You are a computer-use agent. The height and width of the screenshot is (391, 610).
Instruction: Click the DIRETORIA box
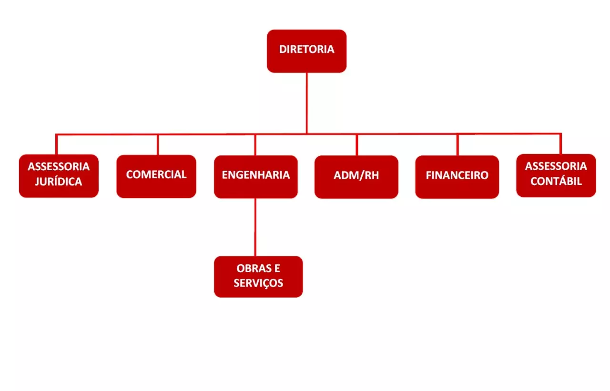pos(306,51)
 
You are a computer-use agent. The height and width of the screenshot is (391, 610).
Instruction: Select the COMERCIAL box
pos(156,176)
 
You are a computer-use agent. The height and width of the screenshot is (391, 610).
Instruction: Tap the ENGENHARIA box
pos(256,177)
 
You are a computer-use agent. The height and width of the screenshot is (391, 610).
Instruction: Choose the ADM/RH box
pos(356,177)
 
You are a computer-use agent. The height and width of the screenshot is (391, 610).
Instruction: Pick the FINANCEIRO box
pos(457,177)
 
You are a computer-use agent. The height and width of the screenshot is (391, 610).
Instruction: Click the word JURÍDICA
pos(59,182)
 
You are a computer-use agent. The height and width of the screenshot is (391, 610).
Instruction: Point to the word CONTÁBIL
pos(556,181)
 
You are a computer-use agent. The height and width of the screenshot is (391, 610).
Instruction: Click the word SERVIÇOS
pos(258,283)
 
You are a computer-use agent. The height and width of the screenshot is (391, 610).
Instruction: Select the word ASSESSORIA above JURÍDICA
pos(59,166)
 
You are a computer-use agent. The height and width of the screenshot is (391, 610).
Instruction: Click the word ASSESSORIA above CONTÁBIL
pos(556,166)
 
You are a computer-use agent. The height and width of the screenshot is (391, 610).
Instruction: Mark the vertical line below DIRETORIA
pos(306,103)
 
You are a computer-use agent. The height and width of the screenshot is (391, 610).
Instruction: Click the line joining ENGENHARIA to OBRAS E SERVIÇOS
pos(255,227)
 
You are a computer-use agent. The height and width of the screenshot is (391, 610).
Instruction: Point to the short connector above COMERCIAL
pos(158,144)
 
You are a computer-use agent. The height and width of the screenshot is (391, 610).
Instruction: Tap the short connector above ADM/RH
pos(357,145)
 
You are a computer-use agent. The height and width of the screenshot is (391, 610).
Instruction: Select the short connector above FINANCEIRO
pos(457,145)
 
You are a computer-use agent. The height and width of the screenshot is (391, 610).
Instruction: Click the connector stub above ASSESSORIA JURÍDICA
pos(56,144)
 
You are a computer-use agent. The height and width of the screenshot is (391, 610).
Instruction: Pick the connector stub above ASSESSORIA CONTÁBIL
pos(560,144)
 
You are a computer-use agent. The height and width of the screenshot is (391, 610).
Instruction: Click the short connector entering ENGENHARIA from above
pos(255,145)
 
